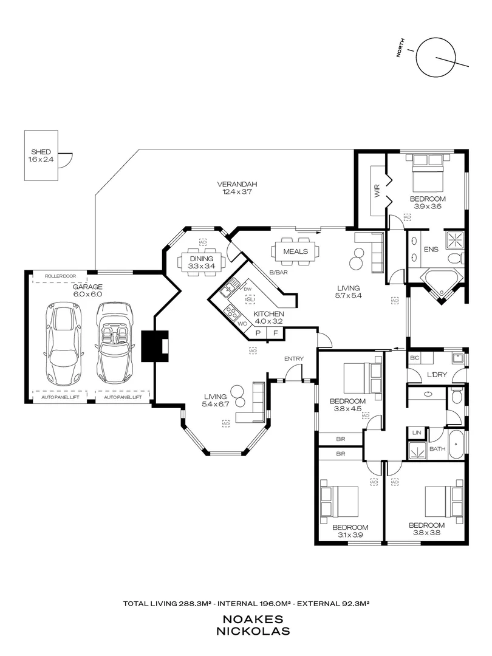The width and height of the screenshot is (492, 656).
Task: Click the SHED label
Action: [41, 152]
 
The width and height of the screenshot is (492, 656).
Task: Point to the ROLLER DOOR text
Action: [60, 276]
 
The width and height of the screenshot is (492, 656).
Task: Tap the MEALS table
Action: [295, 251]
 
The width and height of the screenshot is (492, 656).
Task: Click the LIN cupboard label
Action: [417, 432]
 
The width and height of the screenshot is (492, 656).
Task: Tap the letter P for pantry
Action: [258, 333]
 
